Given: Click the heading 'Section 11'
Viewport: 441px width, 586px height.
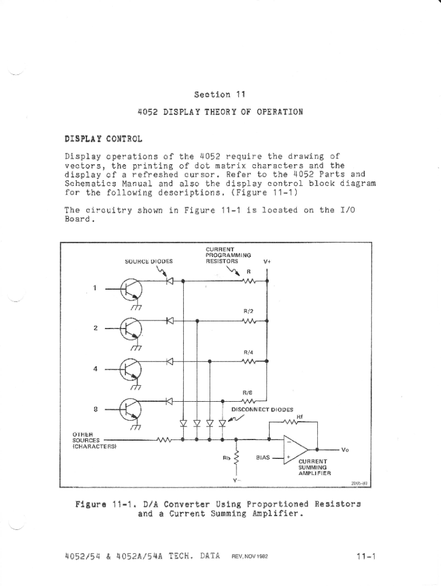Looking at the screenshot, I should (220, 94).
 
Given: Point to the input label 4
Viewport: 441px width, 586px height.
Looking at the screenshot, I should (94, 369).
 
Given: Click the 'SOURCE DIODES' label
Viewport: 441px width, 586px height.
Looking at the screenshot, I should (148, 261).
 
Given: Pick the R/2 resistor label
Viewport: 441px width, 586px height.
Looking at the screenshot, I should (248, 311).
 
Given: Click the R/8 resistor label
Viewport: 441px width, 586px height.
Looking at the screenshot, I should (247, 393).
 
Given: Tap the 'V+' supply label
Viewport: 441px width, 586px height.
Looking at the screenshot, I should (266, 261).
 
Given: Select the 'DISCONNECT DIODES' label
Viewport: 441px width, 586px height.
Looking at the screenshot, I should (262, 410).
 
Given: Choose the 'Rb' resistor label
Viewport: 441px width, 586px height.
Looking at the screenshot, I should (226, 458).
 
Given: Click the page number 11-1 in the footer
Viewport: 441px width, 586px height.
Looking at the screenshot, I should (365, 556).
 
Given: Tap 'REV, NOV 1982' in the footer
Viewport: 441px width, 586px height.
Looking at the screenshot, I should (253, 556).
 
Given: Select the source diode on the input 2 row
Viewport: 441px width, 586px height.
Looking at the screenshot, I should (170, 321).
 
